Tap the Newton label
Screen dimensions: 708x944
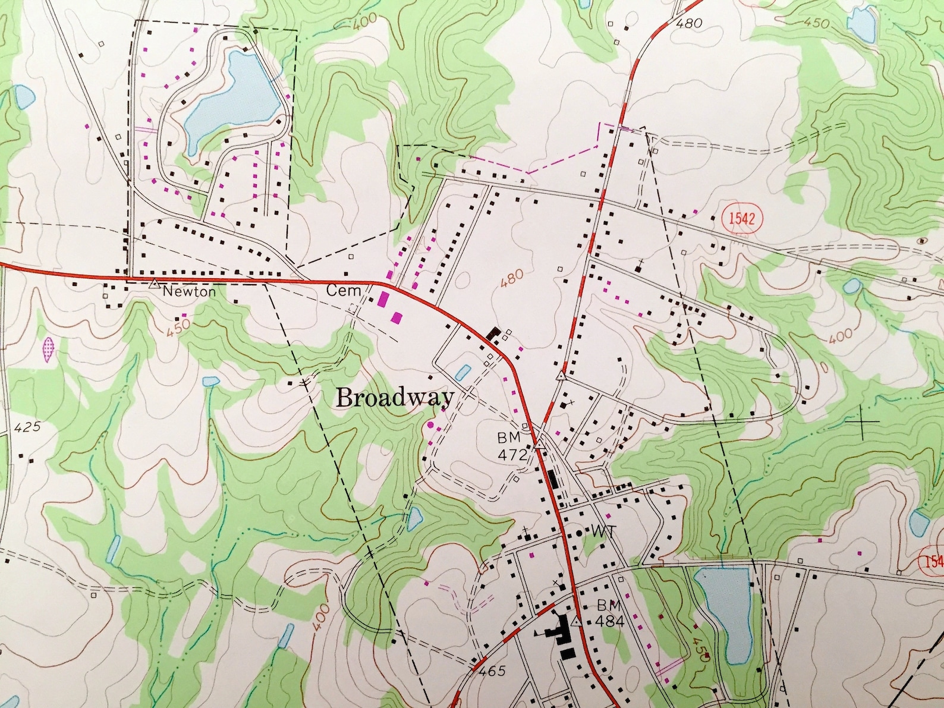click(x=189, y=291)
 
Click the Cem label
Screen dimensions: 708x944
click(x=344, y=291)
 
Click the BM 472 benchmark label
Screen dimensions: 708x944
click(x=512, y=446)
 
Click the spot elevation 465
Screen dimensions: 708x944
click(x=491, y=671)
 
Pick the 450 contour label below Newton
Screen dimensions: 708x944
click(x=178, y=326)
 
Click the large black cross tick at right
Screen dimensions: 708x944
click(x=861, y=421)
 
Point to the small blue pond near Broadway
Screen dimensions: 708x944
click(x=461, y=373)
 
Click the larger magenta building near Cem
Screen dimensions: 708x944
click(x=383, y=298)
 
